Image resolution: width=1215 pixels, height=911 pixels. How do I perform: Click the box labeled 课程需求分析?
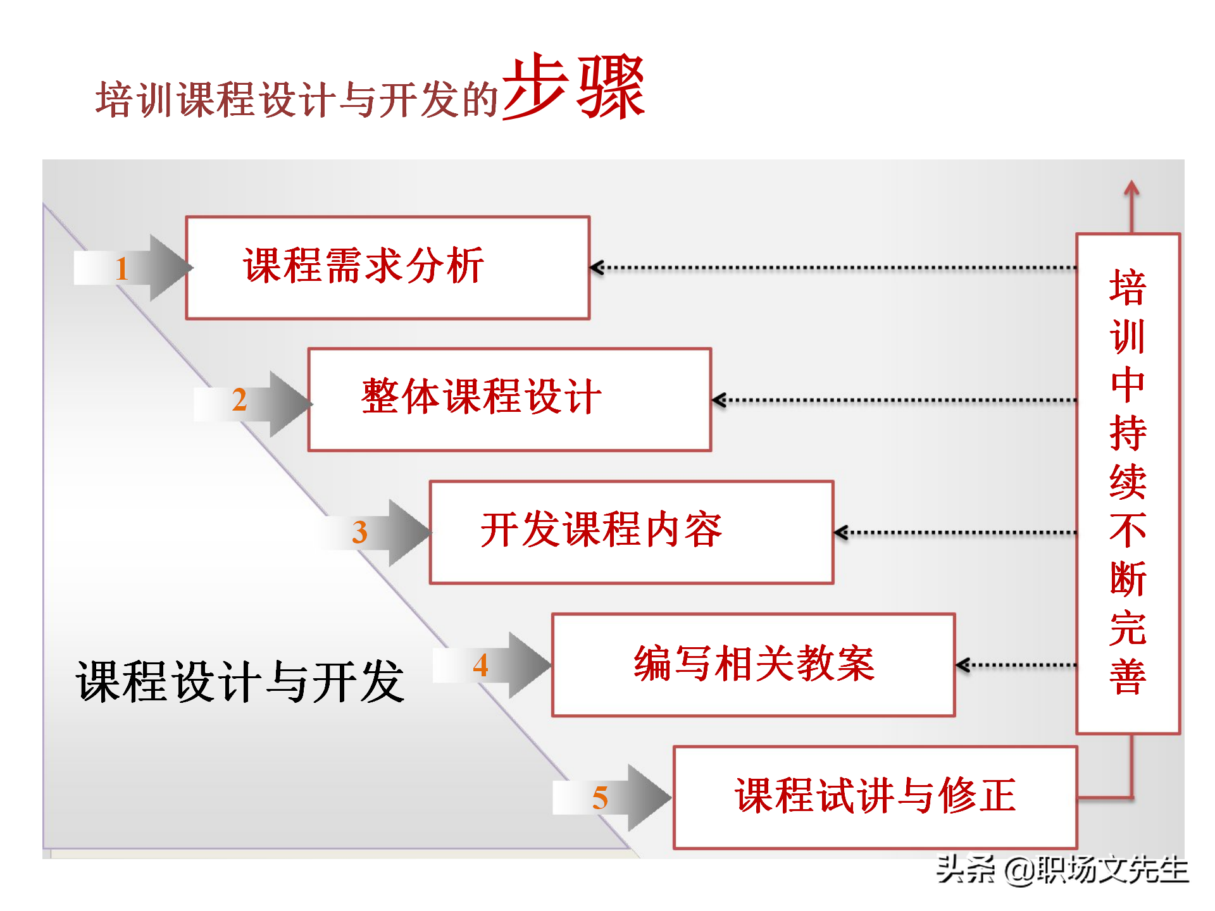[x=387, y=268]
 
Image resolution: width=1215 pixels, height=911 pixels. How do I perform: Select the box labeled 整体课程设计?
[x=509, y=399]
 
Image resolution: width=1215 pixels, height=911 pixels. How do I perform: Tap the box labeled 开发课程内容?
[x=631, y=531]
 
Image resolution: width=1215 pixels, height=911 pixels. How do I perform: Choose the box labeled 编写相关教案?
[x=753, y=664]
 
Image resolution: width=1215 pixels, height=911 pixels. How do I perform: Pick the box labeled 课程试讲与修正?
[x=875, y=796]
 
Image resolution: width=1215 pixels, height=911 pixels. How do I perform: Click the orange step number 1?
[x=122, y=269]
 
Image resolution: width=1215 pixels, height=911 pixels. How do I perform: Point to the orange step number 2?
[x=239, y=400]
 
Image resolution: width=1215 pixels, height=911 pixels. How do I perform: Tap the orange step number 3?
[x=359, y=532]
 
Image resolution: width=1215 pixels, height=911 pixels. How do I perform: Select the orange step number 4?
[x=480, y=665]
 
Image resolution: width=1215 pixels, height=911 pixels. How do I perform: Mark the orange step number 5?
[x=600, y=798]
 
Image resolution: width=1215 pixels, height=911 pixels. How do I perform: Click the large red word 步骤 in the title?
[x=573, y=87]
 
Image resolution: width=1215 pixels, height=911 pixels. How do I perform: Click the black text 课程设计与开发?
[x=240, y=682]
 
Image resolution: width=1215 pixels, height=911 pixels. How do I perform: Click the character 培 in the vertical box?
[x=1128, y=287]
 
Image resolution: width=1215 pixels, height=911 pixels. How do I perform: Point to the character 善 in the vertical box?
[x=1128, y=677]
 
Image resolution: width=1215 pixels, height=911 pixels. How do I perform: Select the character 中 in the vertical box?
[x=1128, y=384]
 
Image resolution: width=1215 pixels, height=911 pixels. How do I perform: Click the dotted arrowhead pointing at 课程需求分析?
[x=596, y=268]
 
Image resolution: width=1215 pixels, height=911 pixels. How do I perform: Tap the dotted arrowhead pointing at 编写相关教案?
[x=962, y=665]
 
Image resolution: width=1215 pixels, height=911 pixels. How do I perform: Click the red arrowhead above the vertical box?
[x=1131, y=188]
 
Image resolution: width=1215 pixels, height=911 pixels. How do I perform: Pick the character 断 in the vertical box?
[x=1128, y=579]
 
